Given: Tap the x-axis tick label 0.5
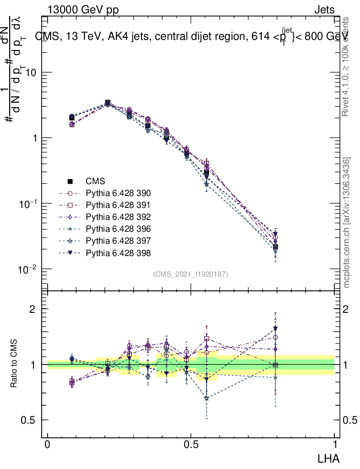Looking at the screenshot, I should [191, 445].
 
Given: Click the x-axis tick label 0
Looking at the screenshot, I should [48, 445].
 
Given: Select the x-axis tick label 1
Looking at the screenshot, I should [334, 445].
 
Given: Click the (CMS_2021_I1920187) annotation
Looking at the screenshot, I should [191, 274].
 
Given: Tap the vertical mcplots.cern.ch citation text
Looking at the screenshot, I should [347, 223].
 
